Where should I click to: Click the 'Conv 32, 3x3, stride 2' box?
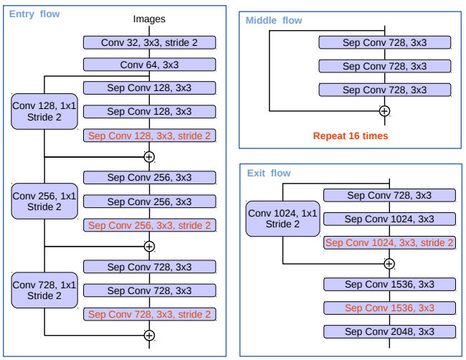(x=149, y=42)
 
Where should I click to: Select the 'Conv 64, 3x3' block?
(x=149, y=65)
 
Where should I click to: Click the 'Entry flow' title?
(x=34, y=14)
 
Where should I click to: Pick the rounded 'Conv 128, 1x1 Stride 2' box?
(x=44, y=111)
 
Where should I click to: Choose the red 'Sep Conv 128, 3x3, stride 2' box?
(x=149, y=135)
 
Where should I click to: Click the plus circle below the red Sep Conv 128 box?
(x=149, y=156)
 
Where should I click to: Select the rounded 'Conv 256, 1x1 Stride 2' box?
(x=44, y=201)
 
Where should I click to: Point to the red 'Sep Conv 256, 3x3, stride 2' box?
(x=149, y=225)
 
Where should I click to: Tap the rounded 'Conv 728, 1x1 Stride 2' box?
(x=44, y=290)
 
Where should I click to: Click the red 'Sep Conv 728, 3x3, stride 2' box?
(x=149, y=314)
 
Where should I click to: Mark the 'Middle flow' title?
(x=274, y=20)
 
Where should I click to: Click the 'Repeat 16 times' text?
(x=350, y=136)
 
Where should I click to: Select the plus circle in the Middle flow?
(x=384, y=111)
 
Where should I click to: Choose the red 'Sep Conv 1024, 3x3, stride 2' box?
(x=389, y=242)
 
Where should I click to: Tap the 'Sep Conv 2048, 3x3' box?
(x=389, y=332)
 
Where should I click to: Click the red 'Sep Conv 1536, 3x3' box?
(x=389, y=308)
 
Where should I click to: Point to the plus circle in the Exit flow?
(x=389, y=263)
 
